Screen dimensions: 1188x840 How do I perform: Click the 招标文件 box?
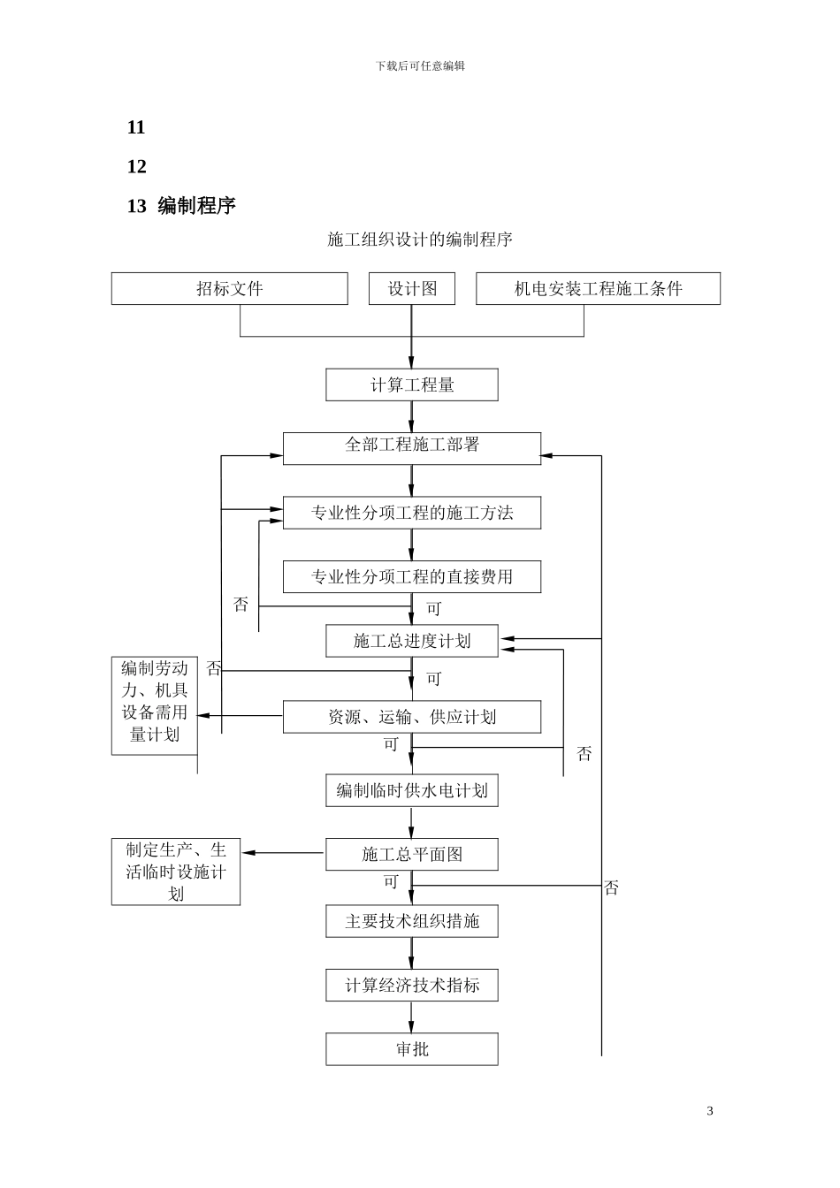click(229, 289)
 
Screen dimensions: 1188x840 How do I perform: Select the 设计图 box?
click(411, 289)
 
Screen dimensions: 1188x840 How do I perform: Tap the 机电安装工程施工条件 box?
click(598, 289)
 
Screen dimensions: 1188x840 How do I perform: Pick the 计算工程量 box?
click(411, 385)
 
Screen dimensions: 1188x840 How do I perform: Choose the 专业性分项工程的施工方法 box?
click(411, 514)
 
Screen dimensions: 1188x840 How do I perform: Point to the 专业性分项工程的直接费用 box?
click(411, 577)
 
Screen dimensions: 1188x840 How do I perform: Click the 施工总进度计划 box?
click(411, 642)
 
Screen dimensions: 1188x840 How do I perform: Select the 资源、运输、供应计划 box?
click(411, 717)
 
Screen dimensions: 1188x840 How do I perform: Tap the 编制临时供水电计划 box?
click(411, 791)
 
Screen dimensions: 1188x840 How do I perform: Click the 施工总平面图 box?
click(411, 855)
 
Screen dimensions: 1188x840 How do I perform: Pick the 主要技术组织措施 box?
click(411, 921)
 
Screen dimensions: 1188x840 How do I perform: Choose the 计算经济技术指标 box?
click(411, 986)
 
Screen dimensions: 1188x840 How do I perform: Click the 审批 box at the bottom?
click(411, 1049)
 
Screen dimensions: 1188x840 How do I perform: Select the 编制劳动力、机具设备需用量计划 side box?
click(155, 705)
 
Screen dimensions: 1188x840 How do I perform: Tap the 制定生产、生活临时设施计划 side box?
click(176, 872)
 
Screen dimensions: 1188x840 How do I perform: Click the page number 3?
click(710, 1111)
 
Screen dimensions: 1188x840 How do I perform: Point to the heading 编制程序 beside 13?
click(196, 206)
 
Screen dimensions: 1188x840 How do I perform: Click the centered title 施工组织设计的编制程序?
click(420, 240)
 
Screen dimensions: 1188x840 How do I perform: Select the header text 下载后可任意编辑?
click(420, 65)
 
